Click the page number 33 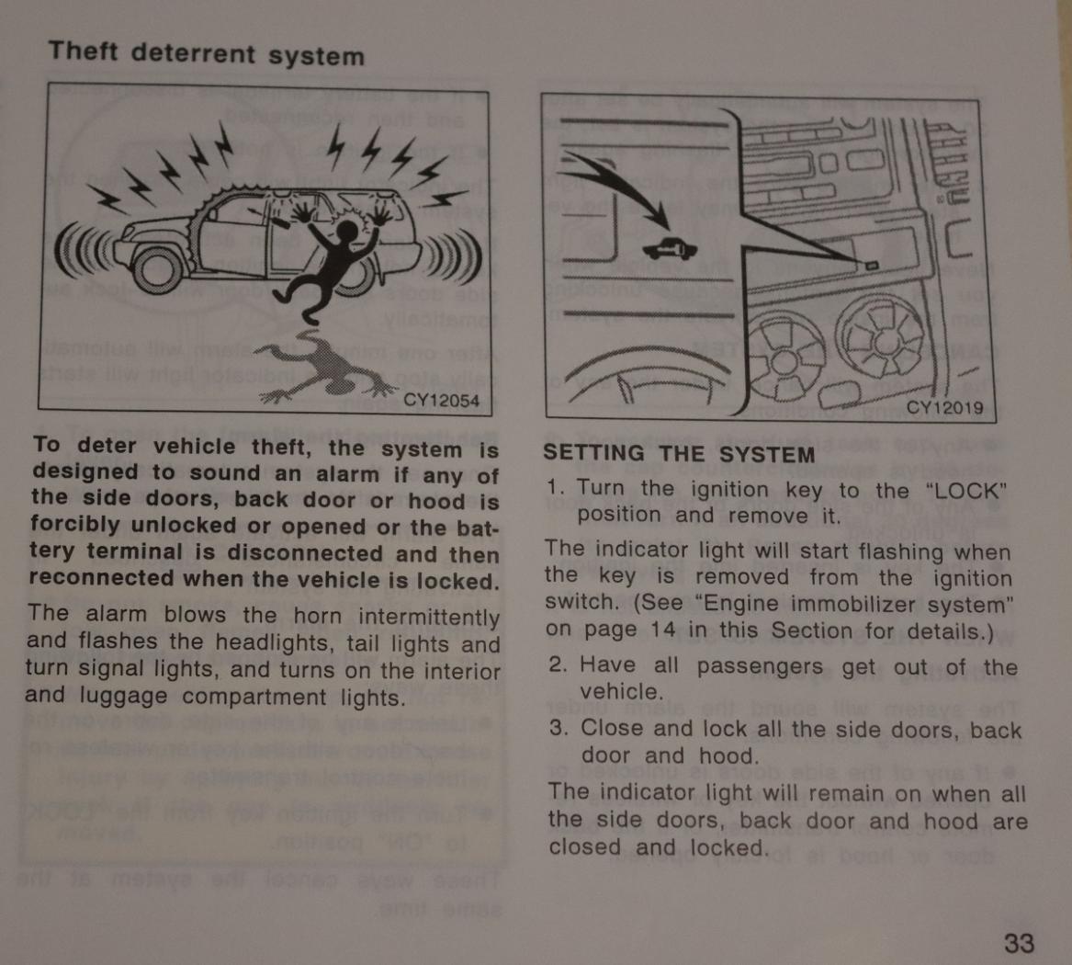click(x=1020, y=943)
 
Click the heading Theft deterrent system click(x=207, y=54)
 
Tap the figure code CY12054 click(x=441, y=400)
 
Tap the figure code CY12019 click(x=944, y=408)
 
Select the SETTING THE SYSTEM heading click(x=679, y=454)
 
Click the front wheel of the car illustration click(x=158, y=269)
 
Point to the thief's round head click(x=348, y=232)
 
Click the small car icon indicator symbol click(x=670, y=249)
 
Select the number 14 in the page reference click(x=662, y=630)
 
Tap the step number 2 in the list click(x=558, y=664)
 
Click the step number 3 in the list click(x=559, y=727)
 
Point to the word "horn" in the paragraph click(x=317, y=616)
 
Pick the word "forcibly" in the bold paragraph click(x=75, y=526)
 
